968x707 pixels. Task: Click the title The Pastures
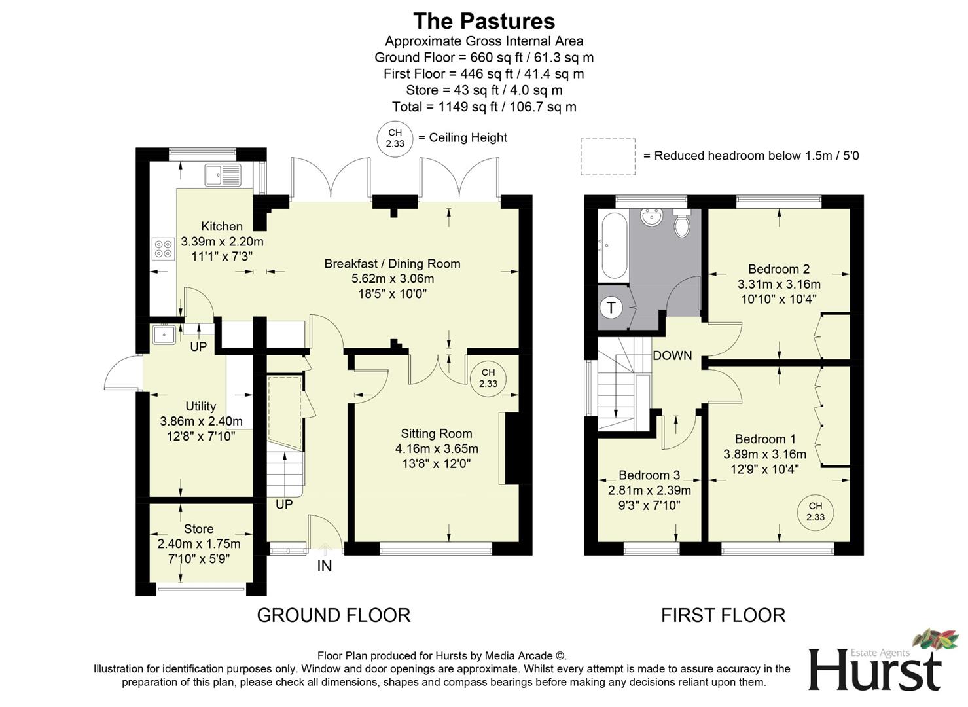(484, 21)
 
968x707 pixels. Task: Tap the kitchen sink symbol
(223, 175)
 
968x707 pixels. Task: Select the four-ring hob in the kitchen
(163, 249)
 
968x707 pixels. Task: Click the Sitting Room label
(436, 433)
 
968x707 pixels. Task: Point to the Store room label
(198, 529)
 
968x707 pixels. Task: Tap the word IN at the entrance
(325, 566)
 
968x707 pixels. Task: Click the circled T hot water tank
(611, 307)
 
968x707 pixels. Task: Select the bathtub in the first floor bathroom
(613, 245)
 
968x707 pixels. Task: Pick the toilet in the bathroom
(682, 225)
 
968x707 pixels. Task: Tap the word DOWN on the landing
(672, 355)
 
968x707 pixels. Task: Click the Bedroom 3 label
(649, 475)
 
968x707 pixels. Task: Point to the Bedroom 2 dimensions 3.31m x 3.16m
(779, 285)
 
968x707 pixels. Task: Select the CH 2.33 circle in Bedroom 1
(815, 511)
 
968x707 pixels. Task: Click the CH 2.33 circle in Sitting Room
(488, 378)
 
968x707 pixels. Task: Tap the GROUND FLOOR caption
(333, 615)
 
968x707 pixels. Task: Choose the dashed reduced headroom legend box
(607, 156)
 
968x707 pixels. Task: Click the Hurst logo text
(874, 670)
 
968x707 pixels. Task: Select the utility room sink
(163, 335)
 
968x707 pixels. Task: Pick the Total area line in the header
(484, 107)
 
